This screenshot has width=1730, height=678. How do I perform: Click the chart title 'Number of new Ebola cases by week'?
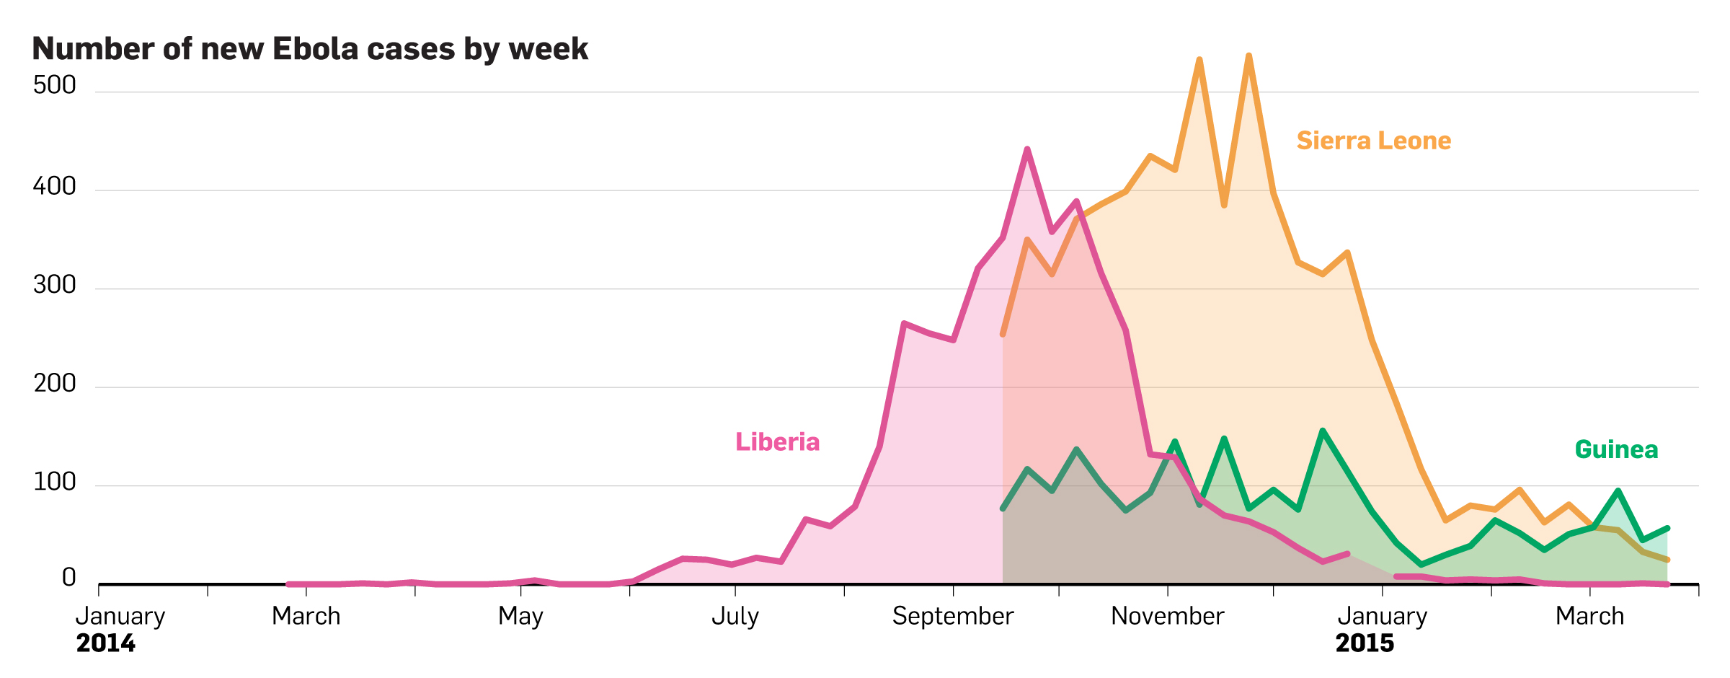(310, 49)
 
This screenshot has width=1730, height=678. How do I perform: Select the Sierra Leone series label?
(1373, 141)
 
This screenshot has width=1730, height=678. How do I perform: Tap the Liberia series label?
(777, 441)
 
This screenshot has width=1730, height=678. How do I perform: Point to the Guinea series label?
(1616, 449)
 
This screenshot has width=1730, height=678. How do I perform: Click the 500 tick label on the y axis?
(55, 85)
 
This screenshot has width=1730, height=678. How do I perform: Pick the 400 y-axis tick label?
(55, 186)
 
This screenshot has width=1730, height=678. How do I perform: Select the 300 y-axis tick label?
(55, 285)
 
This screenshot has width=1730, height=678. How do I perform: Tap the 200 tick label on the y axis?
(55, 383)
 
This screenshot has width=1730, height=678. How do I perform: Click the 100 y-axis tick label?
(55, 481)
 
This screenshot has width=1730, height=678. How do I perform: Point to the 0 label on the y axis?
(68, 577)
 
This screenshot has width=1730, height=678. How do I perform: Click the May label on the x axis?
(520, 616)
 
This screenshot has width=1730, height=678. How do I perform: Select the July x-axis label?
(735, 616)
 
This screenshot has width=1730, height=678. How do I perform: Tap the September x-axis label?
(953, 616)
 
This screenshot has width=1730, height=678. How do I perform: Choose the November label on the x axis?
(1167, 616)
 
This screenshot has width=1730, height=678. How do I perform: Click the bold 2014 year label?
(106, 643)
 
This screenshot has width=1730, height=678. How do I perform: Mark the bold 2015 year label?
(1365, 643)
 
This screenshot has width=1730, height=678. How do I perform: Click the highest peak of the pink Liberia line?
(1027, 149)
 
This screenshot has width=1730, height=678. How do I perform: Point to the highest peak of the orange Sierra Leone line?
(1248, 56)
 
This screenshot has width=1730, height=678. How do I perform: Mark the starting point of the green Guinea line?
(1003, 508)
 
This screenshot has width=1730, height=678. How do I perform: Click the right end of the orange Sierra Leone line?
(1667, 560)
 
